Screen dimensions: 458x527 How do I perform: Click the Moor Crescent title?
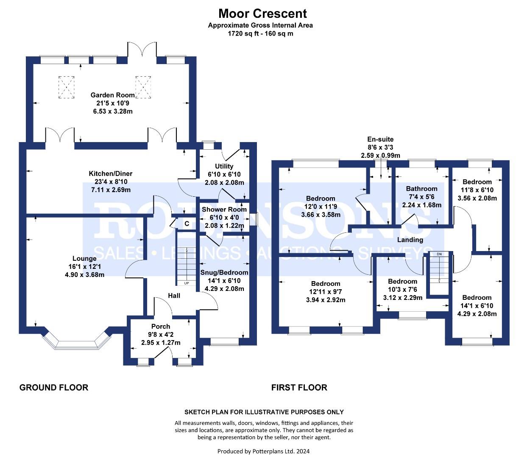coord(262,14)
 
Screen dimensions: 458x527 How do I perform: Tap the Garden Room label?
coord(112,95)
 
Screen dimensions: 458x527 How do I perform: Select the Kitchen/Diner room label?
coord(110,173)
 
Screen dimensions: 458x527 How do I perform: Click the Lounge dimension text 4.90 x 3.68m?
coord(84,274)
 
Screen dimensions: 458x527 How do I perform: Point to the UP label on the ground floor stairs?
coord(186,283)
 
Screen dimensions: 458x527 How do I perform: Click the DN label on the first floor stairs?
coord(439,254)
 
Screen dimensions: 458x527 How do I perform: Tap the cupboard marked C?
coord(186,223)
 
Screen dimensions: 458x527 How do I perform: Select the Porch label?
coord(161,326)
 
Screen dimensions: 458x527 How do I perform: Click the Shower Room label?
coord(224,209)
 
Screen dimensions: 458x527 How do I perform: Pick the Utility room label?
coord(224,166)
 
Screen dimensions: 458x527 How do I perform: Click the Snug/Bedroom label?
coord(224,272)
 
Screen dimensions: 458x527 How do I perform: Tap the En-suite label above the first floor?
coord(380,139)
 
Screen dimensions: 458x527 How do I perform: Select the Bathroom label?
coord(421,189)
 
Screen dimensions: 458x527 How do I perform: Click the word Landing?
coord(410,240)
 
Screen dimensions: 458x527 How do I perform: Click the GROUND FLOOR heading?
coord(54,387)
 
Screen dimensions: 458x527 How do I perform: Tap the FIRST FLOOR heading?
coord(299,387)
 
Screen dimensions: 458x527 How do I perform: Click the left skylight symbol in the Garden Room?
coord(66,87)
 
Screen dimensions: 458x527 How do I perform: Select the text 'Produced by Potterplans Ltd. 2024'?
coord(263,451)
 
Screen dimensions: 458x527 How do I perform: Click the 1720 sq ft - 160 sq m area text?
coord(260,33)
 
